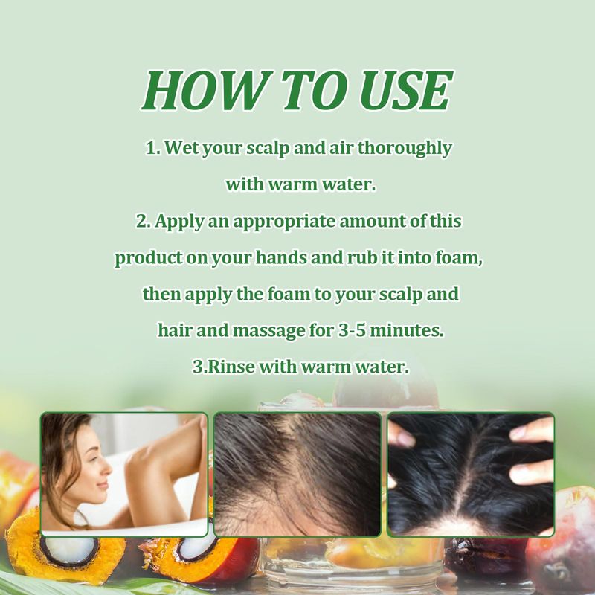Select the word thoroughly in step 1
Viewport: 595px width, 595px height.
point(405,148)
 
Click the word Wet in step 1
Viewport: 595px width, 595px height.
point(181,147)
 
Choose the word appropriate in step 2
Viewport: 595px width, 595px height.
point(284,222)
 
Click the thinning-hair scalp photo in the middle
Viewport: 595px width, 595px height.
point(297,475)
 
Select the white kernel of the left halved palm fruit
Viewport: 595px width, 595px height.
point(68,550)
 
